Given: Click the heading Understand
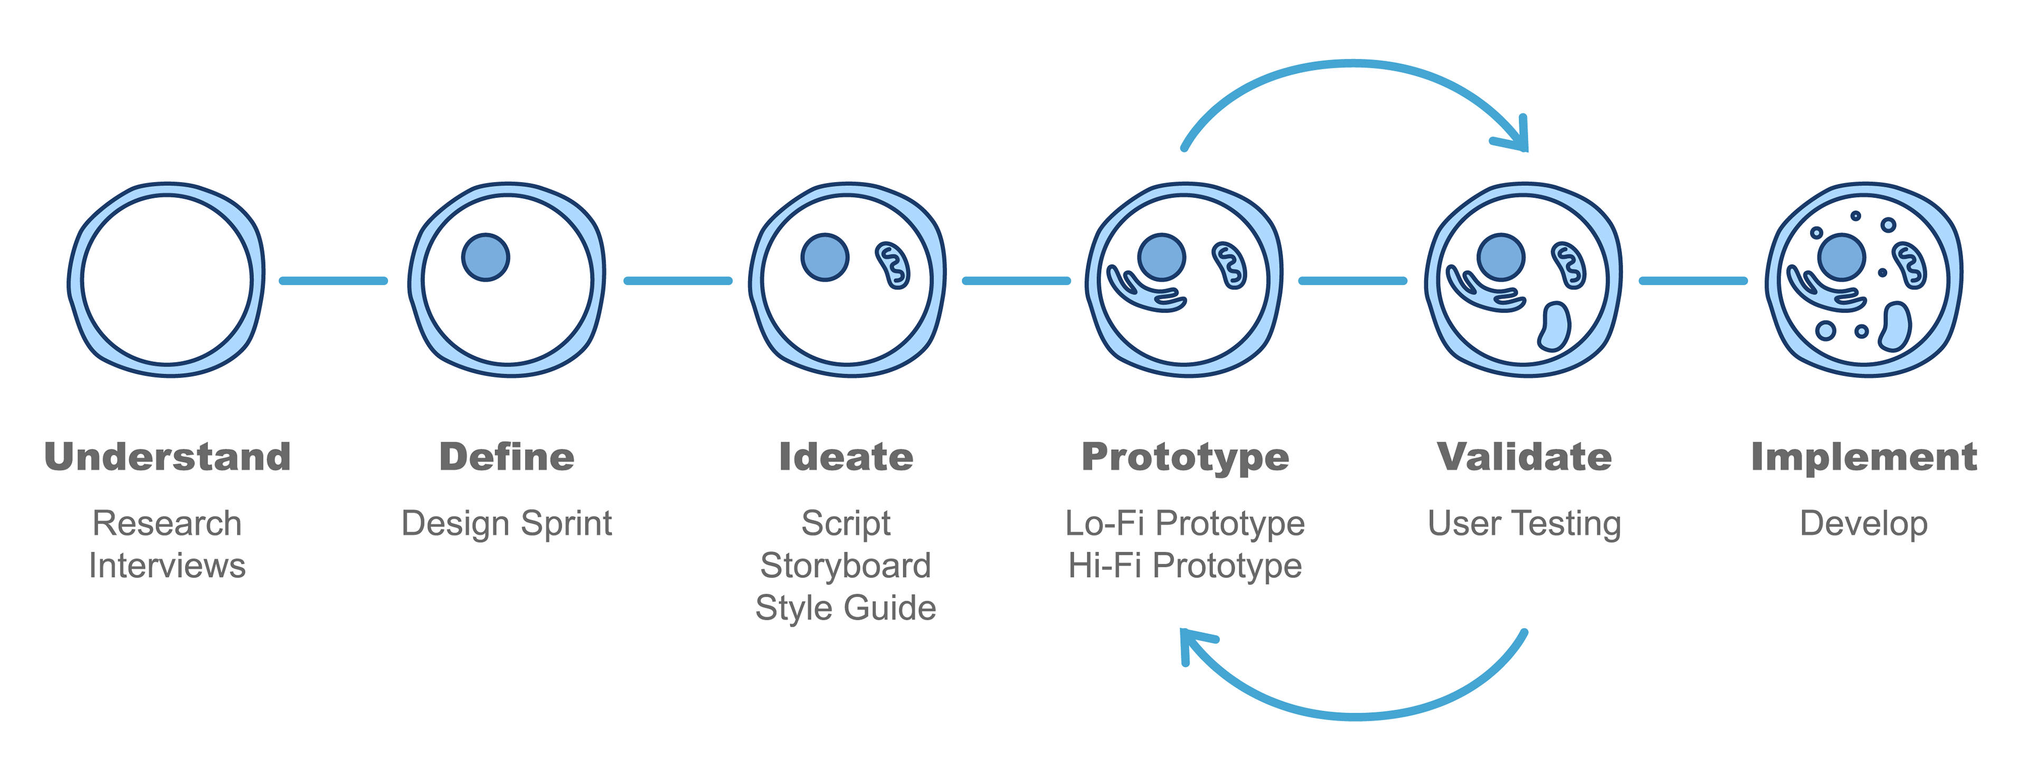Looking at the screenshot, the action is (168, 457).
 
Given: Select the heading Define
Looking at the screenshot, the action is (507, 457).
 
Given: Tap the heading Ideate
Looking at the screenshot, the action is (846, 457).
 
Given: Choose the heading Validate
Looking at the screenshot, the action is (1524, 457).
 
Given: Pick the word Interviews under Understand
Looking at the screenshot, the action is (168, 566).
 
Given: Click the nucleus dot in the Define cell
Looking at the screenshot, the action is (486, 258).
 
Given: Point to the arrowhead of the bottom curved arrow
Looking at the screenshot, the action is (1192, 641).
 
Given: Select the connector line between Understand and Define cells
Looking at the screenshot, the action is (334, 281).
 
